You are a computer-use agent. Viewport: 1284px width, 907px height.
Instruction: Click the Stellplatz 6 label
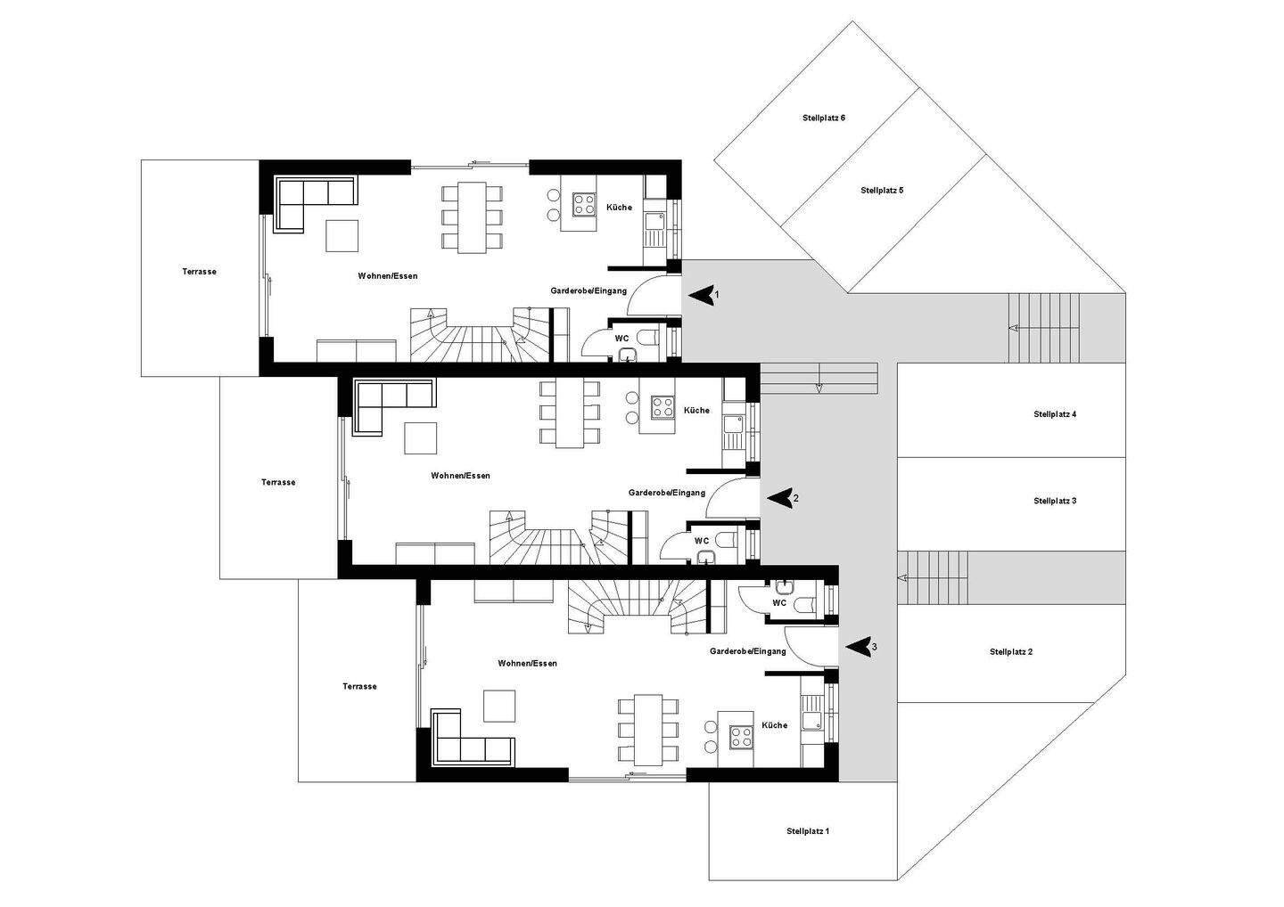(x=824, y=118)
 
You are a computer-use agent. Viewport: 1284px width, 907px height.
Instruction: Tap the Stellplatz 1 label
(x=808, y=831)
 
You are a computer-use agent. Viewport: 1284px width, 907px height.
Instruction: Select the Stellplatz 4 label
(x=1055, y=414)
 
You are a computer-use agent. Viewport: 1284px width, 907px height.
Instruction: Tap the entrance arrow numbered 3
(x=859, y=647)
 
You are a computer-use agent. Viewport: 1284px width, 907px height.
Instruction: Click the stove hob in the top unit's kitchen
(x=584, y=204)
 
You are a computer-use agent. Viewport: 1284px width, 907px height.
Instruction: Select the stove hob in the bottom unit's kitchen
(x=741, y=737)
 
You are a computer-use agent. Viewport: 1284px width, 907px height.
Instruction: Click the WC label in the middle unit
(x=702, y=541)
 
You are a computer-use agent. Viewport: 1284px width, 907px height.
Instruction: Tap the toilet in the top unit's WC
(x=649, y=338)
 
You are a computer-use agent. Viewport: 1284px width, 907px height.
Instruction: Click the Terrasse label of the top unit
(x=200, y=272)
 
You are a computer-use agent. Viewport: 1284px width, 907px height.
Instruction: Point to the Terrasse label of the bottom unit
(x=359, y=686)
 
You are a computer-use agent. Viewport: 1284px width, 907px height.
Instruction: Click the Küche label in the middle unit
(x=696, y=410)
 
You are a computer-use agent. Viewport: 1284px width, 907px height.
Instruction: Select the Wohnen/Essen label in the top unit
(x=388, y=276)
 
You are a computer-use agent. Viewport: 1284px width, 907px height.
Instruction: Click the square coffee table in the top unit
(x=342, y=236)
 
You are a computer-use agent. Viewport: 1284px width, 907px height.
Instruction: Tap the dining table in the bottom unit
(x=647, y=730)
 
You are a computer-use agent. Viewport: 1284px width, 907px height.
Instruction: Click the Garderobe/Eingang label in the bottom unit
(x=747, y=651)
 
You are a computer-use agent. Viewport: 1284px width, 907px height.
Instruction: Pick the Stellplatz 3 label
(x=1055, y=501)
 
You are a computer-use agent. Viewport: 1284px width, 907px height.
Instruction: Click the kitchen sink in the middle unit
(x=733, y=424)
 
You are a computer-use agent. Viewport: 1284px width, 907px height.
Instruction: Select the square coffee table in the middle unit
(x=420, y=438)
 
